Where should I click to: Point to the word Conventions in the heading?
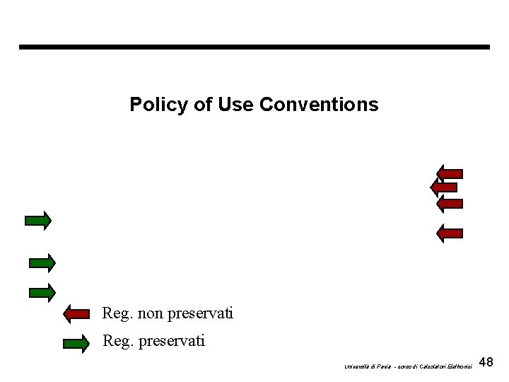click(319, 105)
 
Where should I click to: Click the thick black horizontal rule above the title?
click(254, 47)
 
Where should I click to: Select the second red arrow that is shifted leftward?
click(445, 187)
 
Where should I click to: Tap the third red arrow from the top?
click(450, 203)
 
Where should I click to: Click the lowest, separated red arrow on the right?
click(450, 232)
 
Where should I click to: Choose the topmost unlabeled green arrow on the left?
click(37, 221)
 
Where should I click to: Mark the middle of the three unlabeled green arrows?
click(42, 262)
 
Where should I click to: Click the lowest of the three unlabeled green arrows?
click(42, 291)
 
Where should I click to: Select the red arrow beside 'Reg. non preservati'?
click(76, 313)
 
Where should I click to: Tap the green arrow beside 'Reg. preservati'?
click(76, 344)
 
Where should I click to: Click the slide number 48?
click(486, 363)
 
